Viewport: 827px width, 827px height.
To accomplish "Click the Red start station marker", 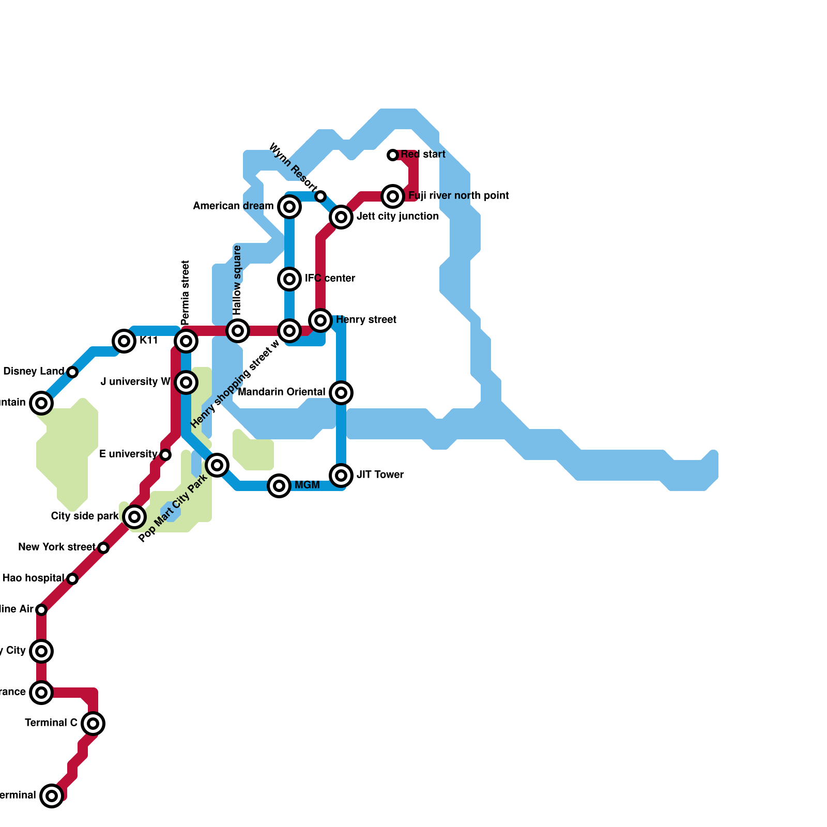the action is [393, 155].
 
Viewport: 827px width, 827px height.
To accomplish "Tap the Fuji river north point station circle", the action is [393, 196].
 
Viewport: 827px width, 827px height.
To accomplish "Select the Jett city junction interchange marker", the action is [341, 217].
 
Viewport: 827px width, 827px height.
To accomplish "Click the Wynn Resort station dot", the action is [320, 196].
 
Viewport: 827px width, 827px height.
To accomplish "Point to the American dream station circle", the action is [289, 207].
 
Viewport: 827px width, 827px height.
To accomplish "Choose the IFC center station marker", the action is [289, 279].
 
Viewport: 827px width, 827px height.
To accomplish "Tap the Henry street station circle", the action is [320, 320].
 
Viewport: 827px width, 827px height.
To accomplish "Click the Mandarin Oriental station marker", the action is [341, 393].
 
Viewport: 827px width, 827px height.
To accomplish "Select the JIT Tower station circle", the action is [341, 476].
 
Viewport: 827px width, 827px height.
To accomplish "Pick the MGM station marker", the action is [279, 486].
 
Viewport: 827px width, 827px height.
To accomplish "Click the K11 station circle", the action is [124, 341].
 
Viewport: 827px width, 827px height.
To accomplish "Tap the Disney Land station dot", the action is [72, 372].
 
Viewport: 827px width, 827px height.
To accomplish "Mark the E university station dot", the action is [165, 455].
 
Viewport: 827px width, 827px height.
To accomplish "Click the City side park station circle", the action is [134, 517].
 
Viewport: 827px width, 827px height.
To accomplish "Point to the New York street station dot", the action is [103, 548].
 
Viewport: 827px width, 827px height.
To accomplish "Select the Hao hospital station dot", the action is [72, 579].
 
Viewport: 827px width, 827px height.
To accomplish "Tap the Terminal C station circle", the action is [93, 724].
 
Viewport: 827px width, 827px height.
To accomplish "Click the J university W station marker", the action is [186, 382].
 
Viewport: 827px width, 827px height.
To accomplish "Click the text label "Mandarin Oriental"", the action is [282, 392].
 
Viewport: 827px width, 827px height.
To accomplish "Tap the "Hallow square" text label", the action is [237, 280].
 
